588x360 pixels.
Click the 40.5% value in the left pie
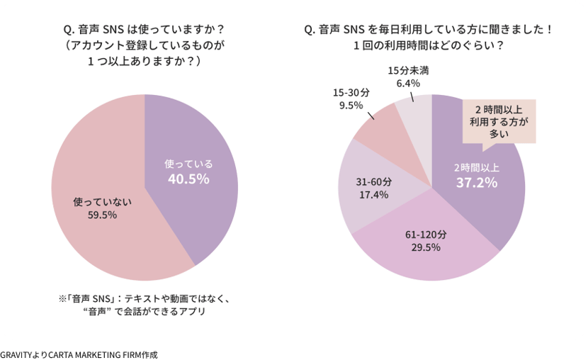[x=188, y=179]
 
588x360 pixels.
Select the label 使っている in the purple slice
[x=188, y=164]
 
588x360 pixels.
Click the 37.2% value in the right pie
[x=475, y=183]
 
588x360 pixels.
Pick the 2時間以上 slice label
[x=476, y=168]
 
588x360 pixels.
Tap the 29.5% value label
[x=426, y=247]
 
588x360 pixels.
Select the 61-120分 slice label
[x=426, y=234]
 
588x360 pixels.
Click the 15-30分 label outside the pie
[x=351, y=93]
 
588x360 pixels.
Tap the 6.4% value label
[x=408, y=83]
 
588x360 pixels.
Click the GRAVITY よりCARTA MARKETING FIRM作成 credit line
[x=79, y=354]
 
